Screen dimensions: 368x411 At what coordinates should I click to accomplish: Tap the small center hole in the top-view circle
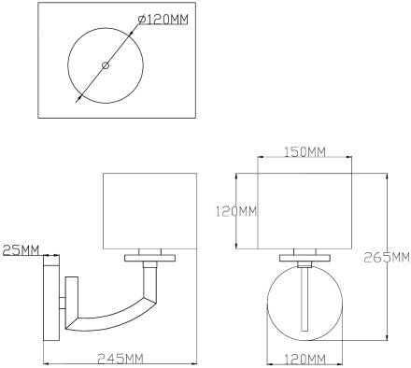click(106, 65)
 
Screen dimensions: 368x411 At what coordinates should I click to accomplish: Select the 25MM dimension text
click(21, 250)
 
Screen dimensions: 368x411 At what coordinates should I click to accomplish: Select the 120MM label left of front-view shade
click(234, 211)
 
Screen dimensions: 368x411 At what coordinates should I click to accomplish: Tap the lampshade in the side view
click(151, 210)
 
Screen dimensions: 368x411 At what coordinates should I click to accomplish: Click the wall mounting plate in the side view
click(50, 298)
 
